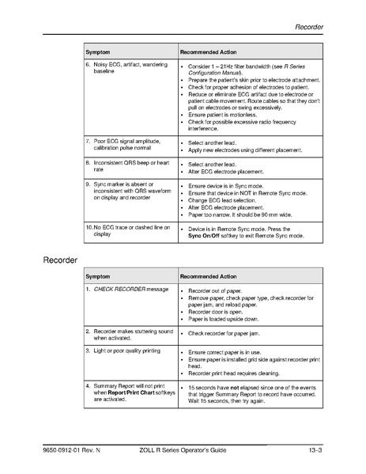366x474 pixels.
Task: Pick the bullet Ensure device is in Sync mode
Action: (229, 184)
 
